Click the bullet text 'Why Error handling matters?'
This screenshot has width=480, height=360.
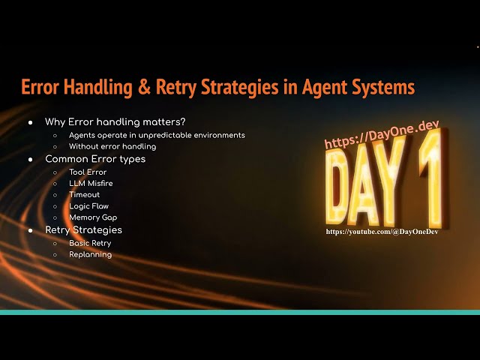coord(115,121)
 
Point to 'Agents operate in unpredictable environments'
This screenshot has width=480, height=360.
coord(157,135)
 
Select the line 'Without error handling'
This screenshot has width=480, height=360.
coord(112,146)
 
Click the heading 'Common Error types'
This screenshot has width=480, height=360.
coord(95,159)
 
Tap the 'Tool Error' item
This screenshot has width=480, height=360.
coord(88,172)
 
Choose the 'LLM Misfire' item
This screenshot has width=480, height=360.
coord(91,183)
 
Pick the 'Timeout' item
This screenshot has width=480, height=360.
coord(84,195)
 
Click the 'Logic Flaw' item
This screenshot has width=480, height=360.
coord(88,206)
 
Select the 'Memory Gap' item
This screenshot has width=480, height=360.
coord(93,217)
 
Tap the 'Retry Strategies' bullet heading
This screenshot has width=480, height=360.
coord(83,229)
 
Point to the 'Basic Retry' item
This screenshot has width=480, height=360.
coord(90,243)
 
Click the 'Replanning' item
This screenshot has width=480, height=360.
coord(90,254)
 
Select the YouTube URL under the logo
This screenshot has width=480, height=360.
coord(382,232)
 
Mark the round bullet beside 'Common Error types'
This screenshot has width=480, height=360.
coord(31,160)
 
